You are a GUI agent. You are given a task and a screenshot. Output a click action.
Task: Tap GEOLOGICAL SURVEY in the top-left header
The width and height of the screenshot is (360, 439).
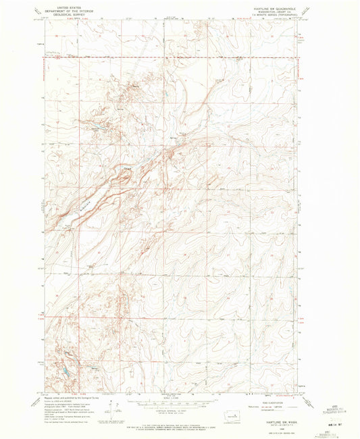tap(68, 14)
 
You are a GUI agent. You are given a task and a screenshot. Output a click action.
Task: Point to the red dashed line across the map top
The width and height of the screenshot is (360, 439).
tap(169, 57)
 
